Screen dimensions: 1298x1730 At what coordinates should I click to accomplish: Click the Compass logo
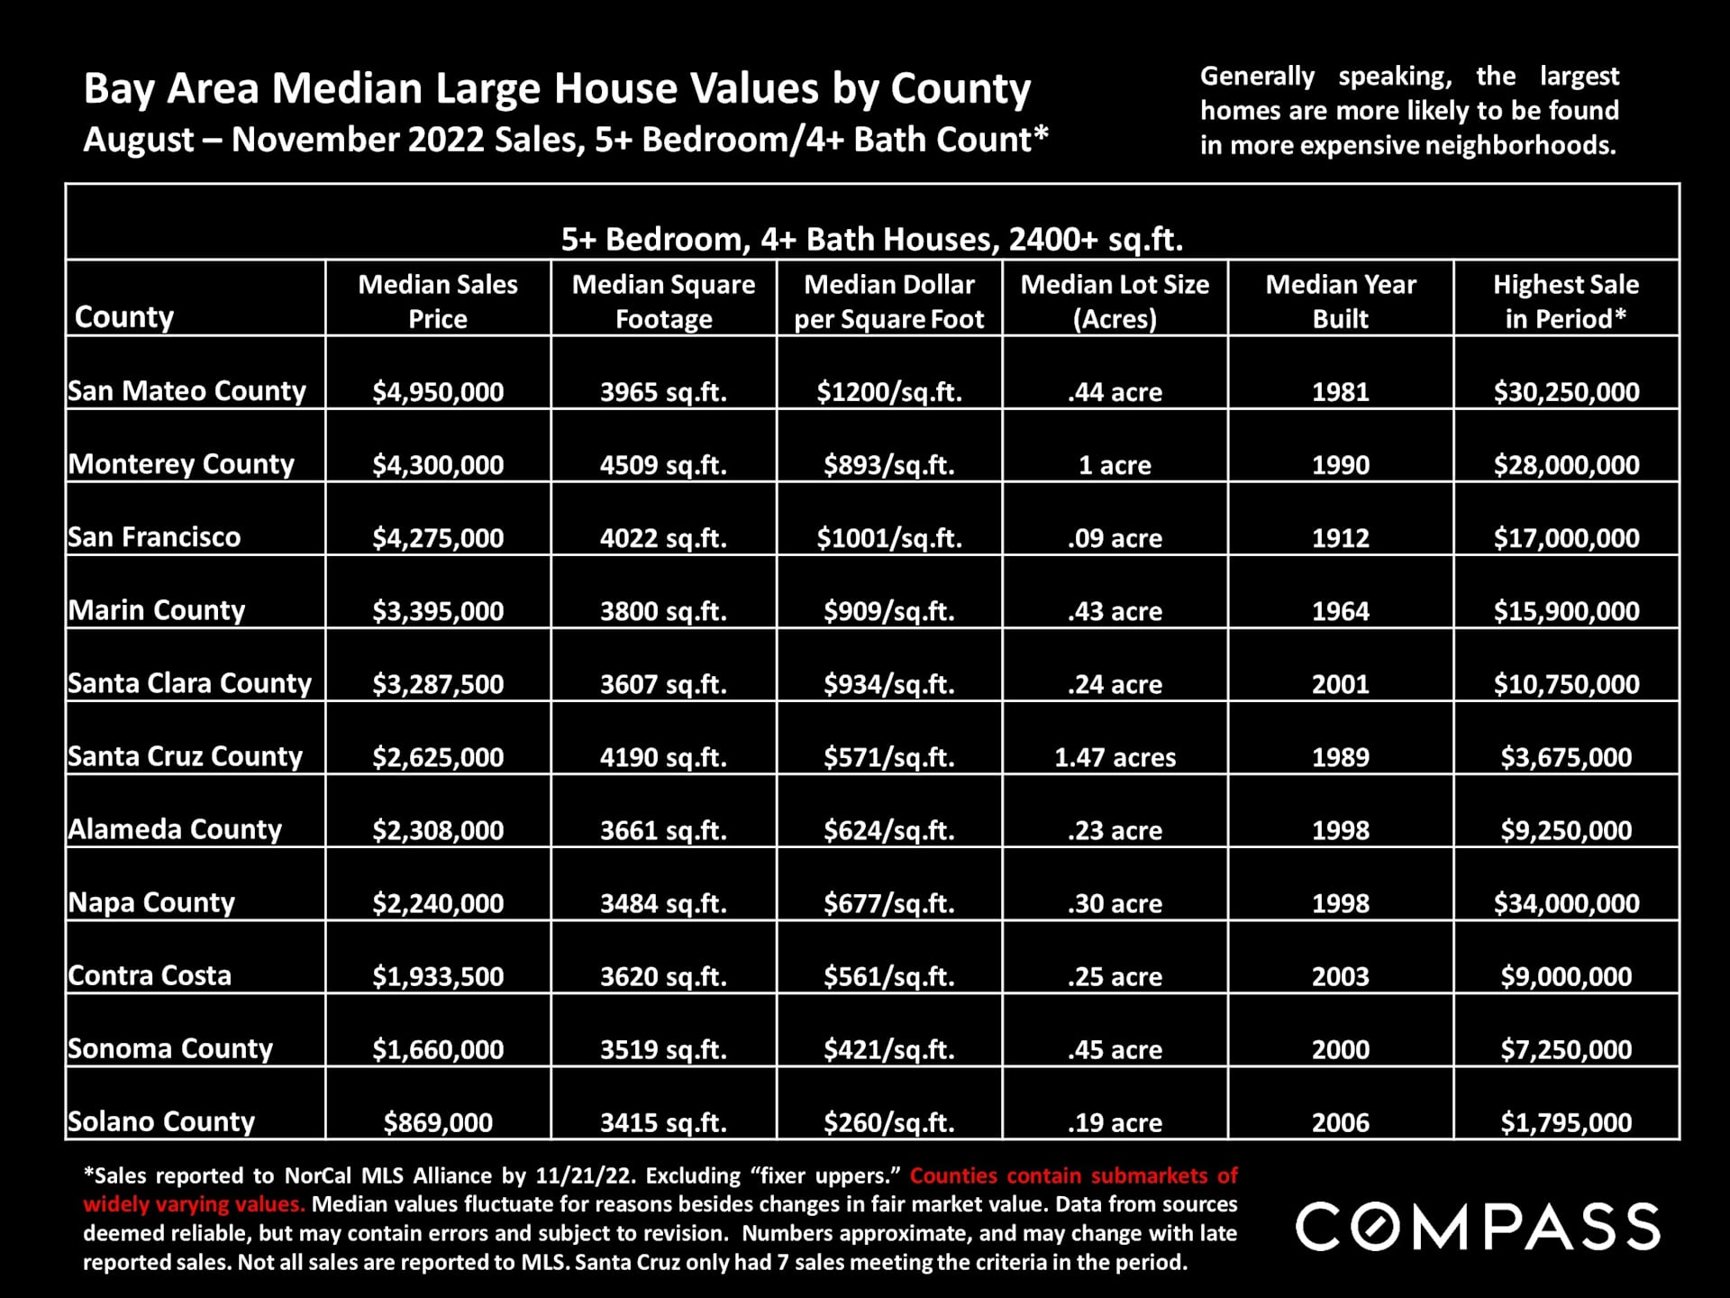tap(1477, 1226)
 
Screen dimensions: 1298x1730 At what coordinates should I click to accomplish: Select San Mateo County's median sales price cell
tap(438, 392)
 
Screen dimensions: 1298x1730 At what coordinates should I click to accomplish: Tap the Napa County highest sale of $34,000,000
tap(1566, 903)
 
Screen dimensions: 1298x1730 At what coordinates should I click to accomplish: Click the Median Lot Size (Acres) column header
tap(1115, 301)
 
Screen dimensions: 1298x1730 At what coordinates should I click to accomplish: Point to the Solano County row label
tap(161, 1121)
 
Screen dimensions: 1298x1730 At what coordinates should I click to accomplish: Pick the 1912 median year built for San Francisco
tap(1340, 538)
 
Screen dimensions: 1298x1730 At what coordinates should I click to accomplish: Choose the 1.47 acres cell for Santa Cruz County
tap(1115, 757)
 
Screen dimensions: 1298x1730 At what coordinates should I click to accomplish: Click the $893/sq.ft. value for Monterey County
tap(888, 465)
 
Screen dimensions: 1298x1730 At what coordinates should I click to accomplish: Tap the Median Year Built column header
tap(1340, 301)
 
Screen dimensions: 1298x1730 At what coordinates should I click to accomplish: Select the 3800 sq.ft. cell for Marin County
tap(663, 611)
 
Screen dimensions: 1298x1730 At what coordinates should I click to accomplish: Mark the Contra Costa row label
tap(150, 975)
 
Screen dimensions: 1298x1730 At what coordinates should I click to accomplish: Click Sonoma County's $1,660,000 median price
tap(438, 1049)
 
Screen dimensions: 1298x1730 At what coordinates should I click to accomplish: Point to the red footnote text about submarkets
tap(1072, 1176)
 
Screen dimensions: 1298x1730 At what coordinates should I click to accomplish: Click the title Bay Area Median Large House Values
tap(557, 89)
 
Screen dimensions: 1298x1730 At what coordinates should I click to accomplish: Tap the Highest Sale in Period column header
tap(1566, 301)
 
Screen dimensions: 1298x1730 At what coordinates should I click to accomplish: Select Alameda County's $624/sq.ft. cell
tap(888, 830)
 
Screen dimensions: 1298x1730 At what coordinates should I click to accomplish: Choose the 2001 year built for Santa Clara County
tap(1340, 684)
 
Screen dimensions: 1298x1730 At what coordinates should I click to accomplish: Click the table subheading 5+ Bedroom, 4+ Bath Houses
tap(871, 239)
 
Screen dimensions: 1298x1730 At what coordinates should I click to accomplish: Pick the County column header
tap(124, 316)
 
